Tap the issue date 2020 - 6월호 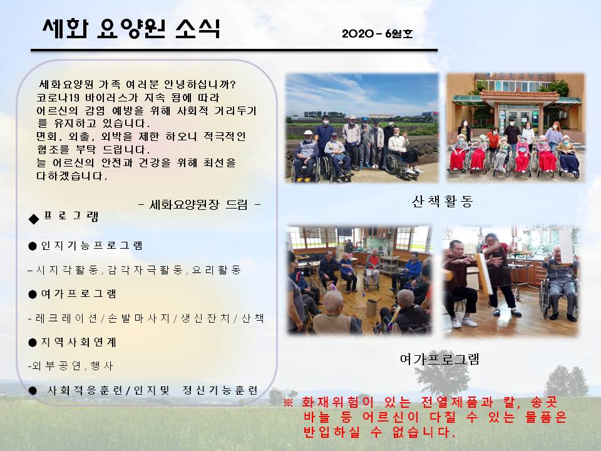click(377, 34)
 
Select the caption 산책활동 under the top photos click(442, 201)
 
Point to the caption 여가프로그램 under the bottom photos click(439, 359)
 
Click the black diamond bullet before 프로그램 click(34, 219)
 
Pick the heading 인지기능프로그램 click(91, 246)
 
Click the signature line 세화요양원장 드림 click(199, 205)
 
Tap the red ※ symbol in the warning click(288, 402)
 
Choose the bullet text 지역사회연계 click(79, 342)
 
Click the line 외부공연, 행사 click(71, 366)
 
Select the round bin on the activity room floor click(371, 307)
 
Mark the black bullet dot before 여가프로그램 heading click(33, 294)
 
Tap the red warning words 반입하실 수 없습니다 click(378, 432)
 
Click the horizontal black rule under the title click(234, 50)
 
